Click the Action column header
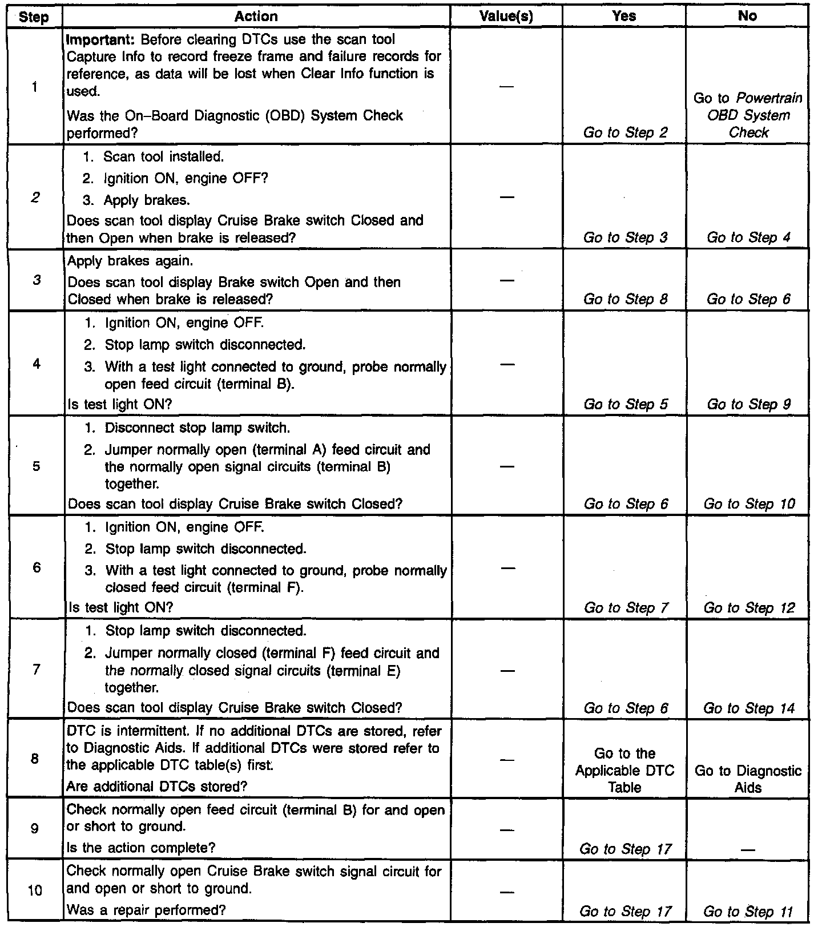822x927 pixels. pyautogui.click(x=256, y=17)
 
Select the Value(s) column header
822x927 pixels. pyautogui.click(x=506, y=17)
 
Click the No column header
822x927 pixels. pyautogui.click(x=747, y=16)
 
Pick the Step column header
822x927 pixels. pyautogui.click(x=34, y=17)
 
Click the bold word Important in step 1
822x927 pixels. pyautogui.click(x=102, y=40)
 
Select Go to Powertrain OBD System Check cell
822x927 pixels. pyautogui.click(x=748, y=115)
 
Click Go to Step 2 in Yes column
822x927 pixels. pyautogui.click(x=625, y=133)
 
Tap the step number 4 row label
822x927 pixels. pyautogui.click(x=36, y=364)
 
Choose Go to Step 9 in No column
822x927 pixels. pyautogui.click(x=748, y=405)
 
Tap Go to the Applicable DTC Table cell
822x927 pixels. pyautogui.click(x=624, y=771)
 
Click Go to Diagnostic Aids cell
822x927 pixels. pyautogui.click(x=748, y=779)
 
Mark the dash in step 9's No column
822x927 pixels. pyautogui.click(x=748, y=849)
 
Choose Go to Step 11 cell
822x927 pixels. pyautogui.click(x=748, y=912)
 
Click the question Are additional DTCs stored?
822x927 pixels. pyautogui.click(x=157, y=787)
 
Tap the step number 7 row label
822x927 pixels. pyautogui.click(x=36, y=669)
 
